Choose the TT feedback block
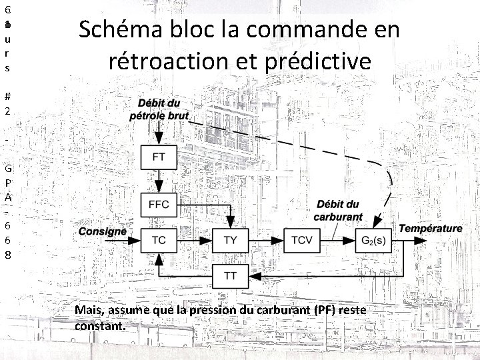tap(229, 274)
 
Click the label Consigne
tap(102, 231)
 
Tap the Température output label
tap(430, 229)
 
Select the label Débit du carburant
tap(339, 210)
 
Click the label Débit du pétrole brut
tap(159, 109)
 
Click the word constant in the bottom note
tap(99, 327)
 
